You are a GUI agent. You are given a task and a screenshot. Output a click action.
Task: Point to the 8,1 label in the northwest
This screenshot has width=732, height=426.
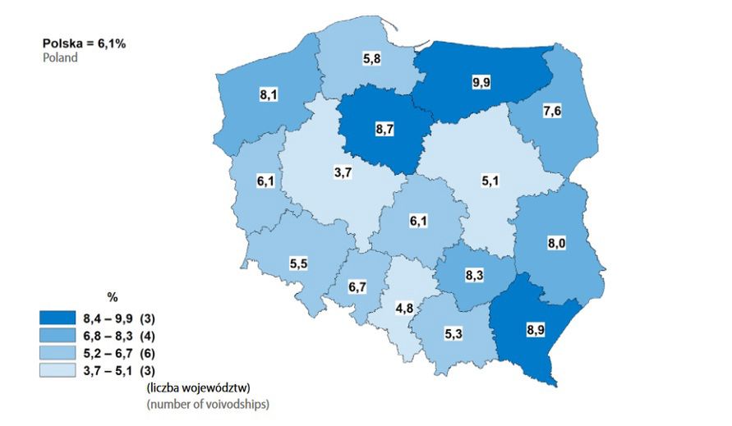click(x=268, y=96)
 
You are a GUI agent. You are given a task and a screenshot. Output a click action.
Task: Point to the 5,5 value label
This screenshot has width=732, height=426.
click(x=298, y=263)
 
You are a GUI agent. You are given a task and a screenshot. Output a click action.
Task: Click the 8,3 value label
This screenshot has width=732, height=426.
click(x=472, y=277)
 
